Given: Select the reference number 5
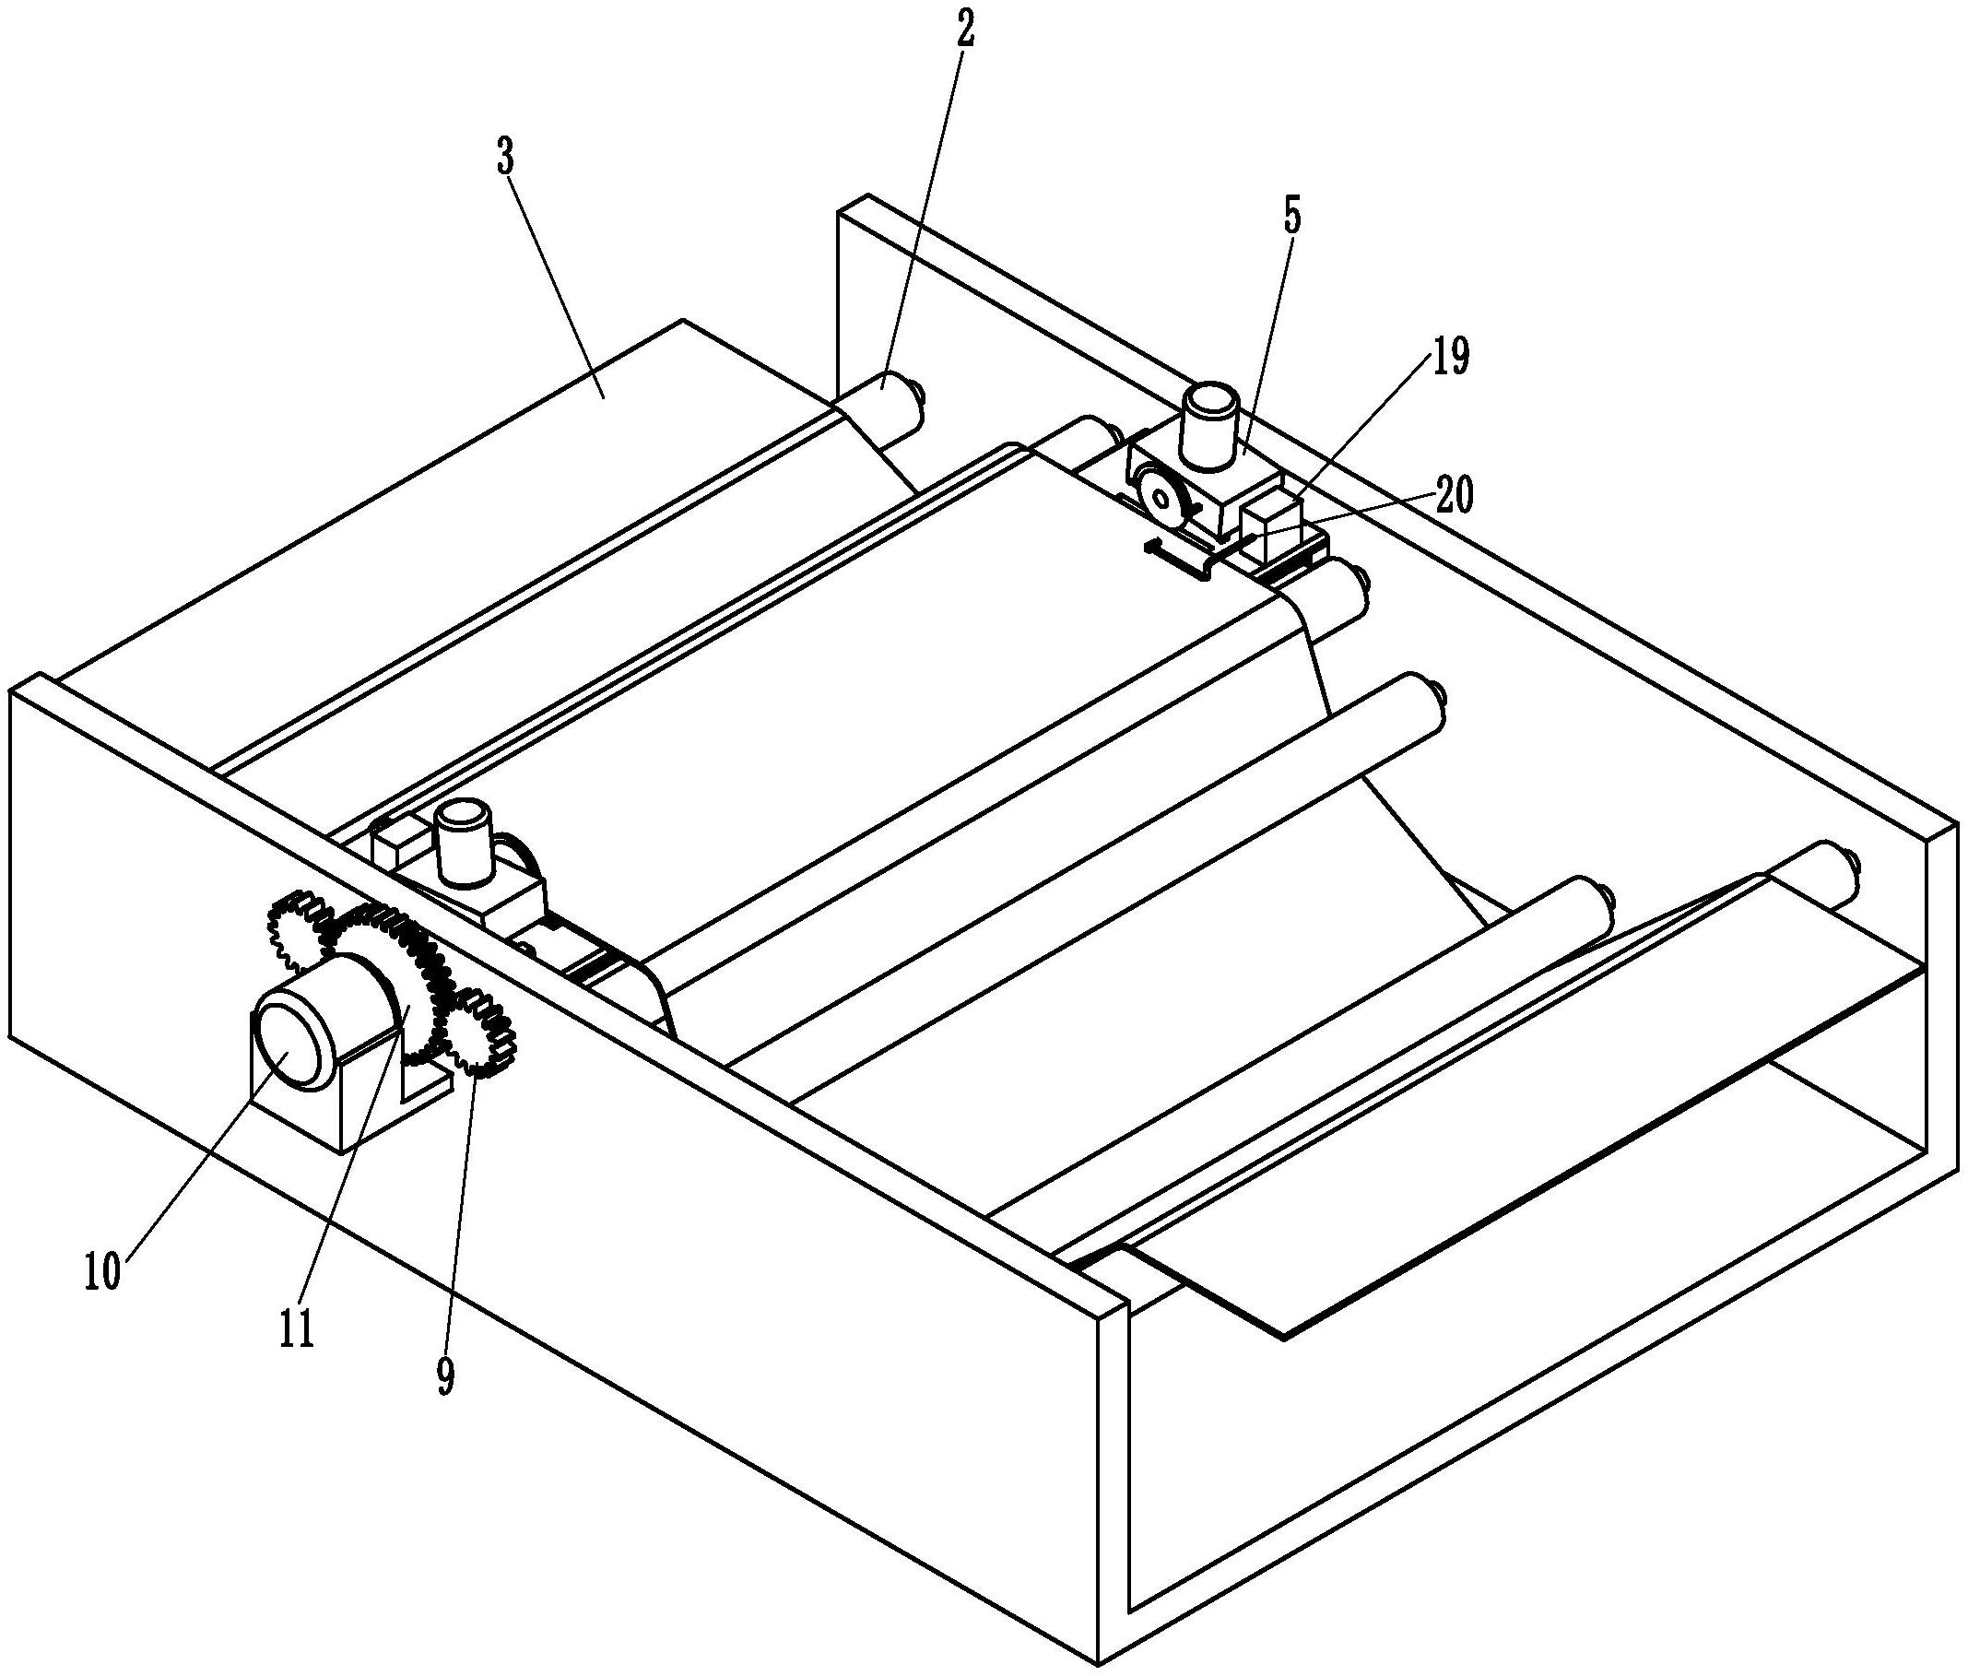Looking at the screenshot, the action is pos(1291,218).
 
